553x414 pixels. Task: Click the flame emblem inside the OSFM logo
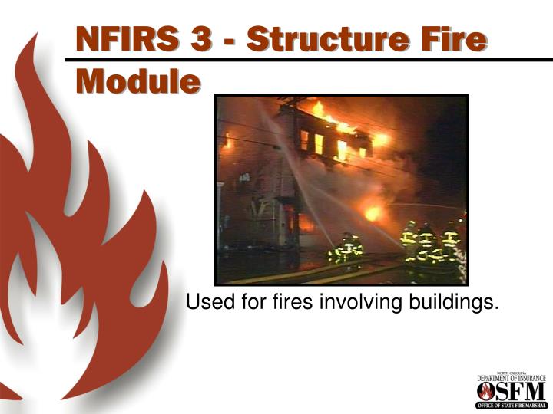click(x=486, y=391)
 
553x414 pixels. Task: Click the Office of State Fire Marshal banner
click(x=511, y=405)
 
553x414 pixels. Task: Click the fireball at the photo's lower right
click(x=373, y=212)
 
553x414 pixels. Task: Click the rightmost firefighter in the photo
click(x=451, y=242)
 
